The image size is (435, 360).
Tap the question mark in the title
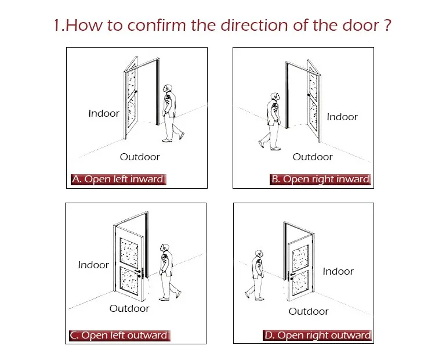coord(388,25)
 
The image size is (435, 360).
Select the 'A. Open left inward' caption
coord(118,179)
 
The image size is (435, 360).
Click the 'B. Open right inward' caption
coord(320,179)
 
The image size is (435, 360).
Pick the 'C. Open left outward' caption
coord(119,335)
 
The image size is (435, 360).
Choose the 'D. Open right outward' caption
coord(317,335)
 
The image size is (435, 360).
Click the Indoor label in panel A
coord(104,113)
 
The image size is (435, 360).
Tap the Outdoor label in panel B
coord(313,157)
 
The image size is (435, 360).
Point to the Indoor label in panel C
coord(93,265)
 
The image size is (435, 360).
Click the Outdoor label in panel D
coord(309,311)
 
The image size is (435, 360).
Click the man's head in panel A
coord(168,89)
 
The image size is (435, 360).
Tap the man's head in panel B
coord(275,97)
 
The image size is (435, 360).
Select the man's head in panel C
coord(165,248)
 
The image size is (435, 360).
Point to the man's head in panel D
coord(259,254)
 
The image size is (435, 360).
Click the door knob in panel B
coord(309,95)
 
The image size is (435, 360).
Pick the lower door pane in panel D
coord(300,283)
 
